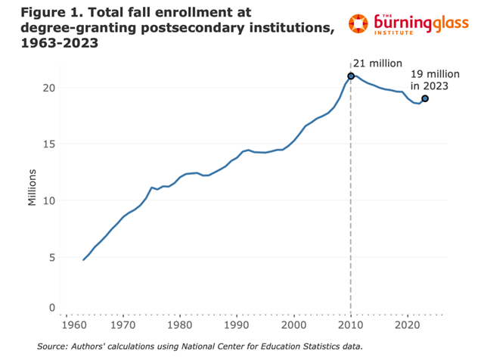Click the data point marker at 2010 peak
[x=351, y=76]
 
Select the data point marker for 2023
[x=425, y=98]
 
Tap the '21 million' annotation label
[x=378, y=63]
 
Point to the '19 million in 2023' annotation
[x=429, y=80]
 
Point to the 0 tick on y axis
[x=52, y=308]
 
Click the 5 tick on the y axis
[x=52, y=257]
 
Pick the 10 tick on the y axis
[x=49, y=200]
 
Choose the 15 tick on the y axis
[x=49, y=144]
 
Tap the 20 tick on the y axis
[x=49, y=87]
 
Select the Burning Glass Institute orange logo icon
[x=365, y=24]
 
